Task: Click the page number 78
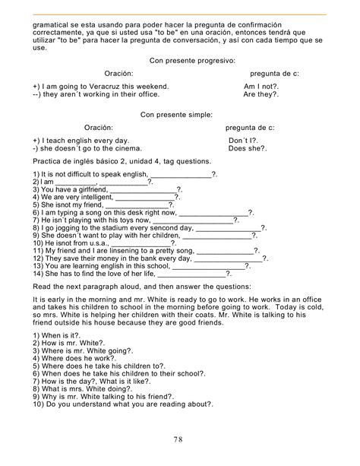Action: coord(180,439)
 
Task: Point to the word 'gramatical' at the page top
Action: coord(50,24)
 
